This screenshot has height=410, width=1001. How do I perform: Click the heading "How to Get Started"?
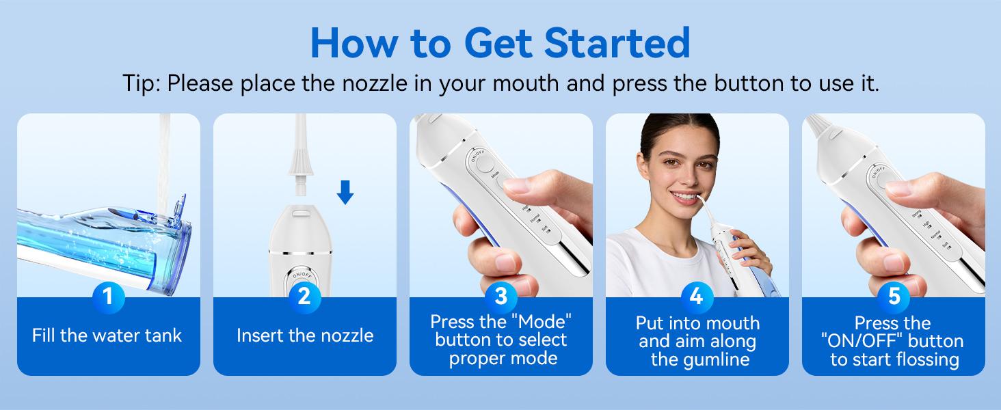(x=500, y=42)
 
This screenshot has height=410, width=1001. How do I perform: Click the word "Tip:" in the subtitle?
(x=142, y=83)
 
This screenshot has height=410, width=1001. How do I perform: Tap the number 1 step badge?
(x=108, y=297)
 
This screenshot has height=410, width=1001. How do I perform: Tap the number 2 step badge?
(x=304, y=297)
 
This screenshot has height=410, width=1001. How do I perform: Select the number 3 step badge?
(x=500, y=297)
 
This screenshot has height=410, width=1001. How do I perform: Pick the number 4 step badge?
(x=697, y=297)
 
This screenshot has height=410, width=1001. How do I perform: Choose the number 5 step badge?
(x=893, y=297)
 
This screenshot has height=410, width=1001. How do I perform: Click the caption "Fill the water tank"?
(x=107, y=336)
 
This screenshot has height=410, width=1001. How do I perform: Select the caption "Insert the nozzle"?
(x=305, y=336)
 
